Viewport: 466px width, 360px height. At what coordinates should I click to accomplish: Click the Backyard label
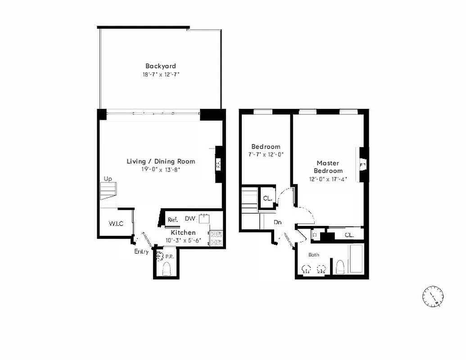tap(160, 66)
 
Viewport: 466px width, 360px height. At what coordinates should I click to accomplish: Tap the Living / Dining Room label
tap(161, 161)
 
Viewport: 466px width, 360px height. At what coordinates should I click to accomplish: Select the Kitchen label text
tap(183, 232)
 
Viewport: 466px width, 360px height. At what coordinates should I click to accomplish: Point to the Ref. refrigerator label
tap(172, 220)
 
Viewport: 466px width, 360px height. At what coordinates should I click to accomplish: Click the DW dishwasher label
tap(190, 219)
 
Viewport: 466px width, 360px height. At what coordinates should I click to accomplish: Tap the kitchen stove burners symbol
tap(216, 238)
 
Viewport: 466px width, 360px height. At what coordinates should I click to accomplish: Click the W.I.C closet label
tap(116, 224)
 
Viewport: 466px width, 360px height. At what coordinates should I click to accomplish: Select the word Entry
tap(141, 252)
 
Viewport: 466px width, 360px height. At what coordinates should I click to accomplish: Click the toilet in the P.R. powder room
tap(166, 269)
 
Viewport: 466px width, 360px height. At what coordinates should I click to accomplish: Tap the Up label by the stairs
tap(108, 179)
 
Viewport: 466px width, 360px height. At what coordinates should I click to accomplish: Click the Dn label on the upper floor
tap(278, 222)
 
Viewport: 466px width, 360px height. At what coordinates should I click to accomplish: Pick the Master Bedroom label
tap(328, 167)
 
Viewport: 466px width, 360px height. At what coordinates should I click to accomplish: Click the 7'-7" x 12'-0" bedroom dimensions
tap(266, 154)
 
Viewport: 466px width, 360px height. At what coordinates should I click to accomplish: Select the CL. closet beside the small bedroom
tap(267, 198)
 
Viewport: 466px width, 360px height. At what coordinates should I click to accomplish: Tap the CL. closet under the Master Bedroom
tap(349, 235)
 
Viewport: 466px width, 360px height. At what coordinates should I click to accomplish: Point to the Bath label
tap(314, 255)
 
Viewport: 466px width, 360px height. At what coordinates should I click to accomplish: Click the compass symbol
tap(433, 297)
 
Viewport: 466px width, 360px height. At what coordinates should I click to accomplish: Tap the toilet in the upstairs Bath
tap(340, 268)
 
